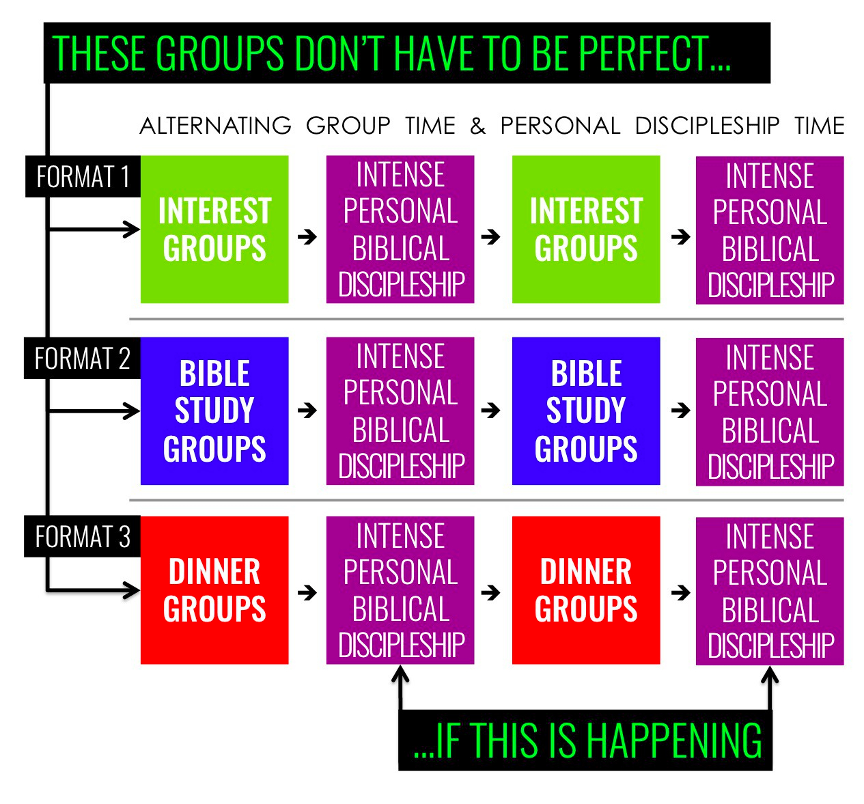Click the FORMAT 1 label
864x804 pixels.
[x=83, y=177]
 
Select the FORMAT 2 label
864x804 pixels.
[x=82, y=359]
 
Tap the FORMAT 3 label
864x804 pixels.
[x=82, y=537]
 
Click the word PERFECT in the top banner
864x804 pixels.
[x=643, y=53]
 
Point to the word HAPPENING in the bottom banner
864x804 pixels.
[x=674, y=740]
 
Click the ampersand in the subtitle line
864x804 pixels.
[x=477, y=126]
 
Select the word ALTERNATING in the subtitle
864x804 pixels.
[x=215, y=126]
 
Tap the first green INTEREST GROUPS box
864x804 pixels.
[x=214, y=230]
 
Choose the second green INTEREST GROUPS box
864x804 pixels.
[x=586, y=230]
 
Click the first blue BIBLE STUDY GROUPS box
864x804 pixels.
[x=214, y=411]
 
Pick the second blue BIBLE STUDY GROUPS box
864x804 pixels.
[x=586, y=411]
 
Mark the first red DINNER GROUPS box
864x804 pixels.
[x=214, y=590]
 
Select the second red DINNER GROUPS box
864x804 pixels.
[x=586, y=590]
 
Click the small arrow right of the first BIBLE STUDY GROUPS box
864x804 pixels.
[x=308, y=411]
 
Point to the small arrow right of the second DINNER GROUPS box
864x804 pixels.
[x=680, y=592]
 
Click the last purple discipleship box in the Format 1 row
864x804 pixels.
[x=770, y=230]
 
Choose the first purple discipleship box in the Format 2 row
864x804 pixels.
[x=400, y=411]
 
